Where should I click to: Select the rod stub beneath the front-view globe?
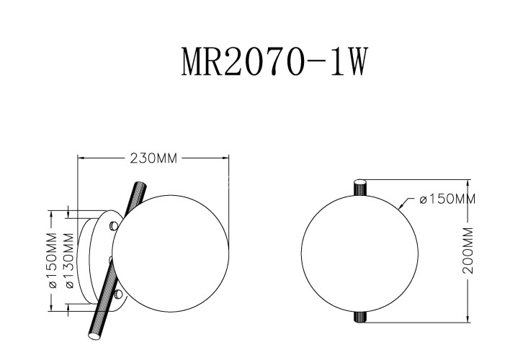(359, 315)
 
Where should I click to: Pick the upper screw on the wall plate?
(112, 226)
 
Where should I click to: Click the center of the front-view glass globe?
(359, 251)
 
